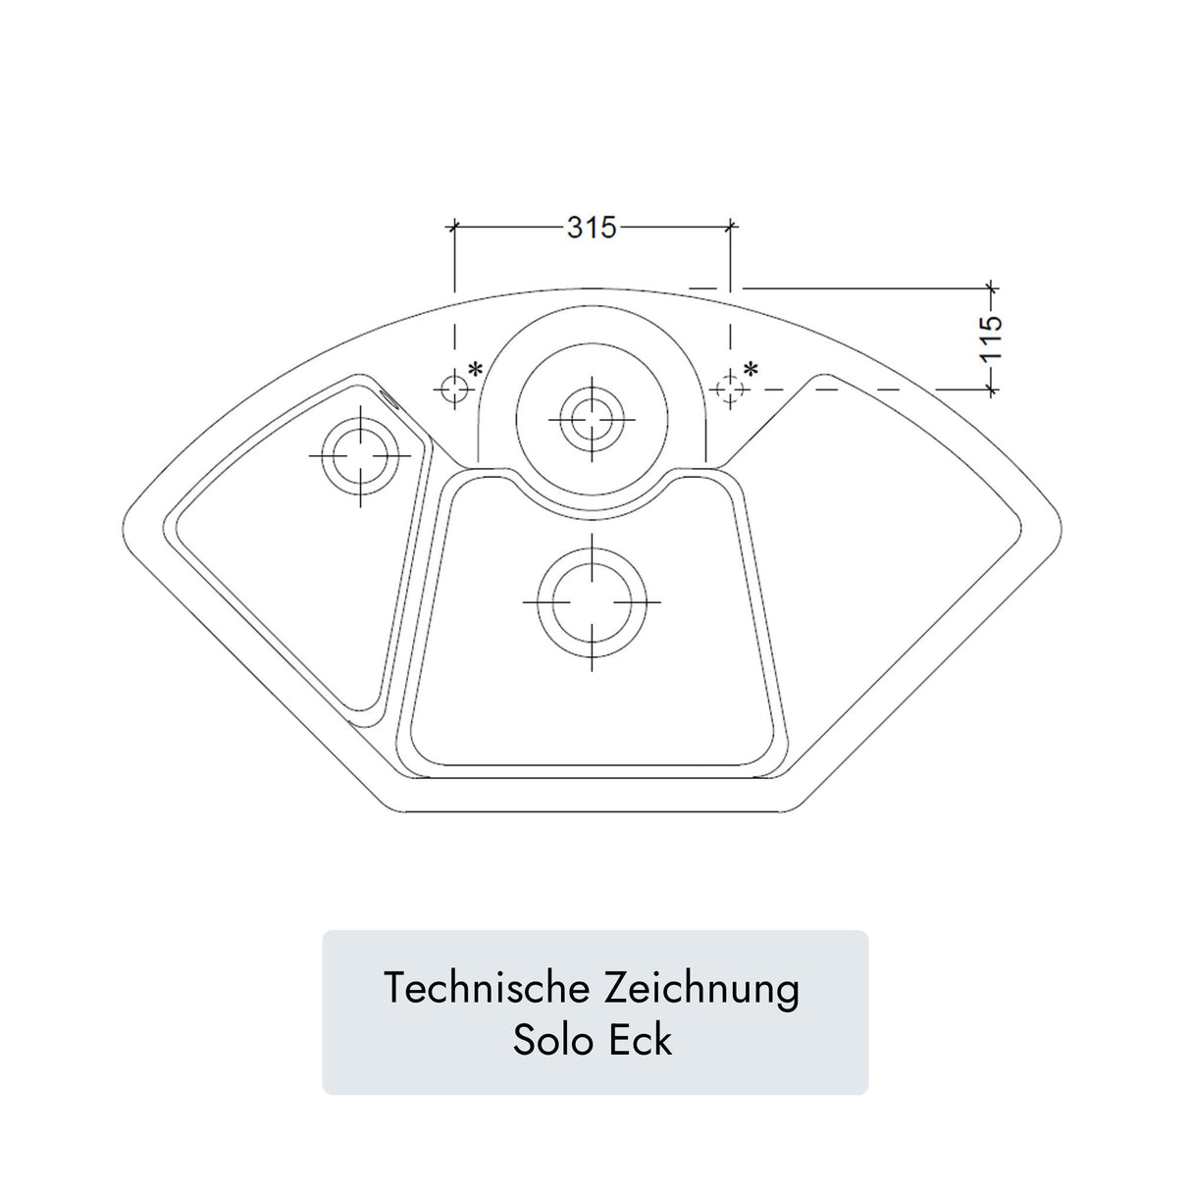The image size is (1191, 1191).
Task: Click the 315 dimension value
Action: pyautogui.click(x=592, y=228)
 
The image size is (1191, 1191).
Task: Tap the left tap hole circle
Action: pyautogui.click(x=453, y=389)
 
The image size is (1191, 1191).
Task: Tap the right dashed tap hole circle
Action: pyautogui.click(x=729, y=389)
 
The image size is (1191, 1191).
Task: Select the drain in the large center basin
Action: pyautogui.click(x=592, y=601)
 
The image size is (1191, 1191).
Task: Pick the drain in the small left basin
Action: pyautogui.click(x=360, y=456)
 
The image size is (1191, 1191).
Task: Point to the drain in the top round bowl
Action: pyautogui.click(x=592, y=419)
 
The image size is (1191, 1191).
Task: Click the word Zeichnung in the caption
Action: pyautogui.click(x=701, y=988)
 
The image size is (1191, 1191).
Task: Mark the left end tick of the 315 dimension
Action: pyautogui.click(x=453, y=228)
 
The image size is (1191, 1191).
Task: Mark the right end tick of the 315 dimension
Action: pyautogui.click(x=729, y=228)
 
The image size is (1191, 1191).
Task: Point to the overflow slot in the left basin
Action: pyautogui.click(x=388, y=396)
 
